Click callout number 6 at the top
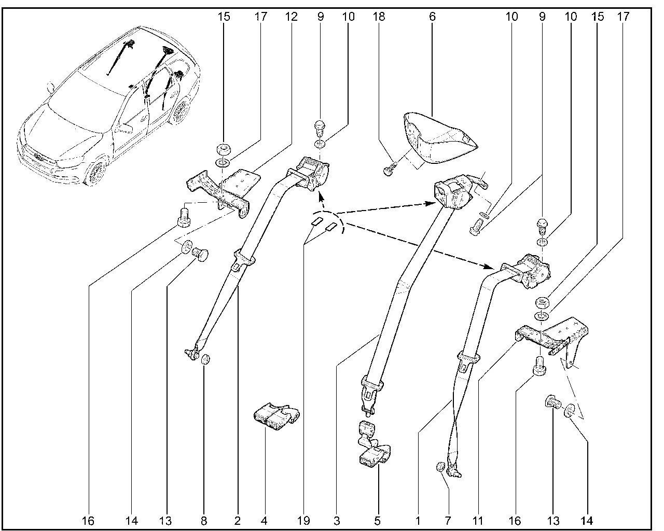point(432,17)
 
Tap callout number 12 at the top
point(292,17)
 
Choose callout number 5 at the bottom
point(377,519)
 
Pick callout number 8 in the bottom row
point(203,519)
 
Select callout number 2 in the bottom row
point(237,519)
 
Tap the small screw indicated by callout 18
point(390,169)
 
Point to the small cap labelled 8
point(205,358)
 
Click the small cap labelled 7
point(440,467)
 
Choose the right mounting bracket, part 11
point(550,337)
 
